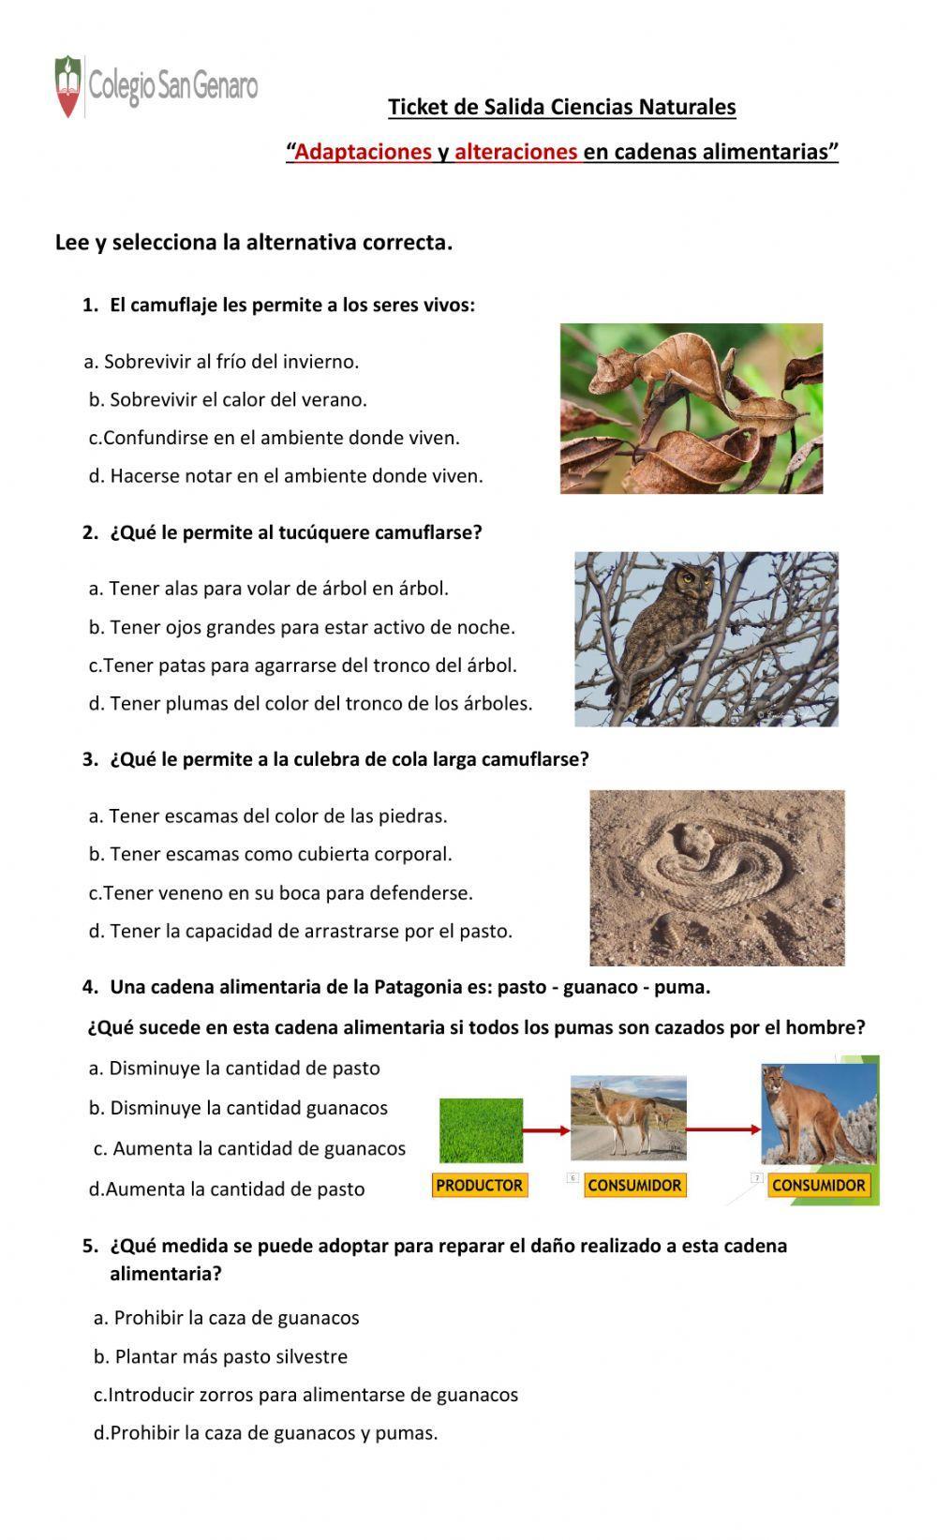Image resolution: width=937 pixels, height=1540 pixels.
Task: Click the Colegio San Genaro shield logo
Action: click(67, 86)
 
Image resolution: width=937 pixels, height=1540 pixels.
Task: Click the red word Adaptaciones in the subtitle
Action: click(363, 152)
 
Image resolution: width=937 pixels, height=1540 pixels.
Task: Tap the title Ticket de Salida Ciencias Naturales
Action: click(562, 107)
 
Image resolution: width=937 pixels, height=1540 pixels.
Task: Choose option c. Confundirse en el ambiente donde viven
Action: click(275, 438)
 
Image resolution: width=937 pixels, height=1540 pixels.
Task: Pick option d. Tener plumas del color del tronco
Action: click(310, 703)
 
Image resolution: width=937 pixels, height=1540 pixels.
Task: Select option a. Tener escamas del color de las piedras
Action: click(268, 816)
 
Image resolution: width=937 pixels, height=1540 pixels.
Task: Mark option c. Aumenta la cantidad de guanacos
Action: click(251, 1148)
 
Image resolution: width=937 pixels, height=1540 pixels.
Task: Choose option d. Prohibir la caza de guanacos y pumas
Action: click(266, 1433)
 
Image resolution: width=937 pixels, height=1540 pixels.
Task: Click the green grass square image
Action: click(481, 1130)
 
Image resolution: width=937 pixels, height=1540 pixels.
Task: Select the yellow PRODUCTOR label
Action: click(480, 1186)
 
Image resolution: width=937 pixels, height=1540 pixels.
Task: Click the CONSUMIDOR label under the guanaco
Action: click(634, 1186)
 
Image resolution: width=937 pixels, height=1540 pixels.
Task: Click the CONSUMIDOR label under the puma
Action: click(818, 1186)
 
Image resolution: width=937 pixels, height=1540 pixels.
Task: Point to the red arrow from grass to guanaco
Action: click(546, 1130)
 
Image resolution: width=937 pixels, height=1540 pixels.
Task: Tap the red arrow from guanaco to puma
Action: click(723, 1129)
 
